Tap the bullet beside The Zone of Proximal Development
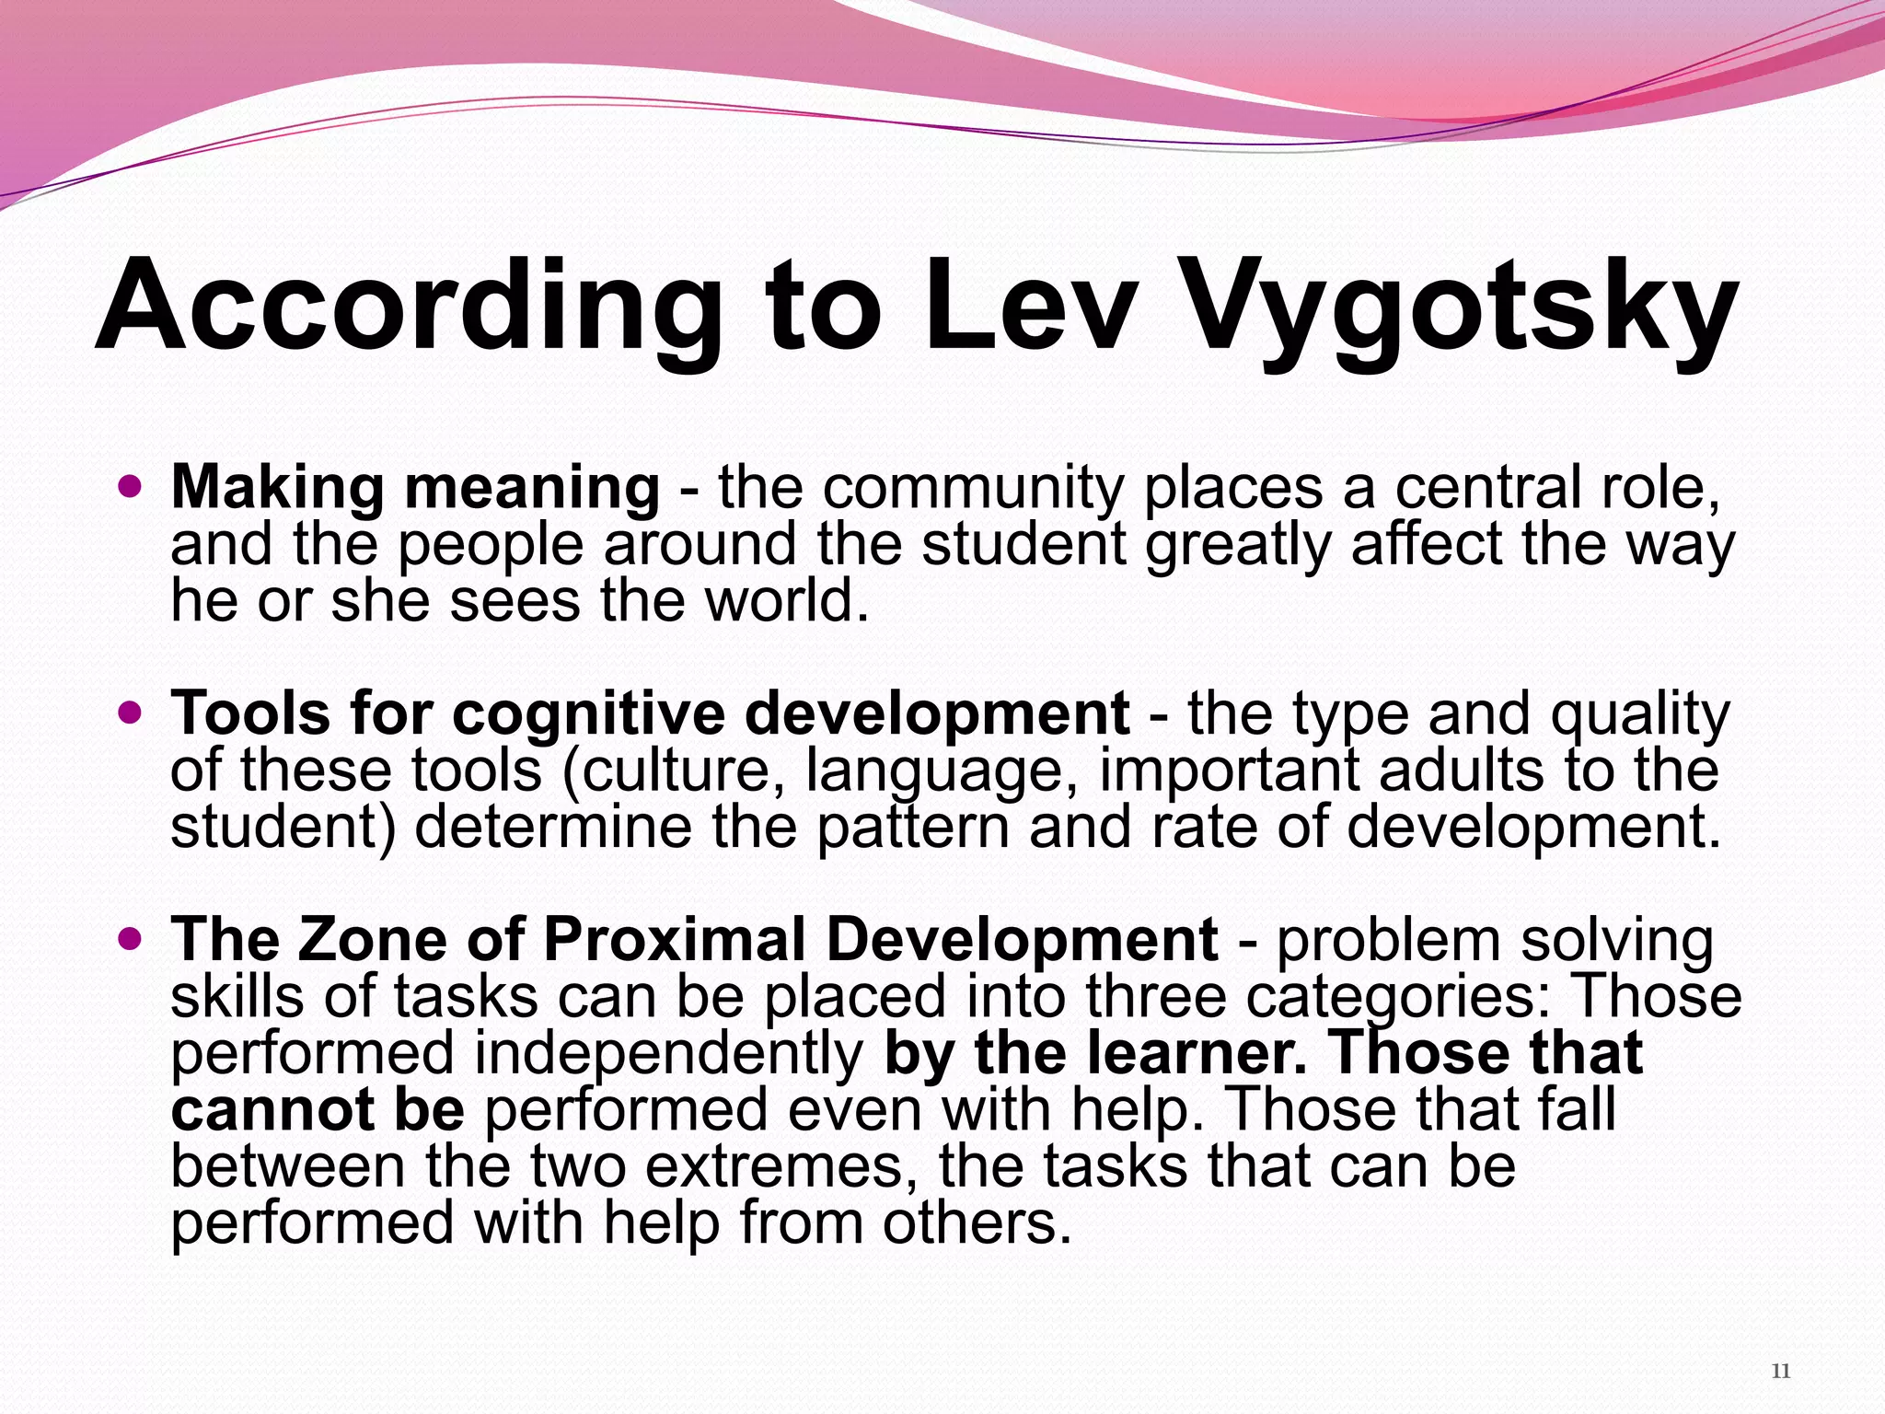pyautogui.click(x=132, y=938)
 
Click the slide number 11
pyautogui.click(x=1780, y=1372)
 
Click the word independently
pyautogui.click(x=668, y=1054)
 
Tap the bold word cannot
pyautogui.click(x=272, y=1110)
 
